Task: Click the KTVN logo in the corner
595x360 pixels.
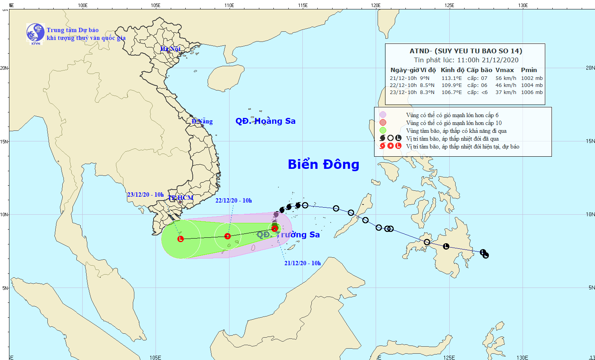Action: pyautogui.click(x=35, y=33)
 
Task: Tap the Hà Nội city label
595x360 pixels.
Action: pyautogui.click(x=170, y=49)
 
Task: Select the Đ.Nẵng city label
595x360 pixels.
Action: pyautogui.click(x=202, y=121)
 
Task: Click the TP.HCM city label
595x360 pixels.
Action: pyautogui.click(x=181, y=198)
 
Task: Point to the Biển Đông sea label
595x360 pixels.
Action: pyautogui.click(x=324, y=165)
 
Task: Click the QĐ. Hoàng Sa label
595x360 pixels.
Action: pyautogui.click(x=265, y=121)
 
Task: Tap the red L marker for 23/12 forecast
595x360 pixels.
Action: pyautogui.click(x=181, y=239)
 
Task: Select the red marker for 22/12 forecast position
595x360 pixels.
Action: pyautogui.click(x=228, y=236)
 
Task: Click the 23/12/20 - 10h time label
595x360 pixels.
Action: pyautogui.click(x=145, y=195)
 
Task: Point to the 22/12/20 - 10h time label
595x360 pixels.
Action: pyautogui.click(x=233, y=201)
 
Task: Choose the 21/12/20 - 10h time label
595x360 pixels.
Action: pyautogui.click(x=302, y=263)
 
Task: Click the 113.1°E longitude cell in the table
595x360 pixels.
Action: pyautogui.click(x=452, y=78)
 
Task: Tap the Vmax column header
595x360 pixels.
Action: pyautogui.click(x=505, y=70)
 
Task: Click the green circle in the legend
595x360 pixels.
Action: pyautogui.click(x=383, y=130)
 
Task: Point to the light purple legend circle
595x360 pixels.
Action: pyautogui.click(x=383, y=115)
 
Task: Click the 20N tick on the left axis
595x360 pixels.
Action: pyautogui.click(x=4, y=68)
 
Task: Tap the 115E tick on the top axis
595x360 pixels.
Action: pyautogui.click(x=302, y=5)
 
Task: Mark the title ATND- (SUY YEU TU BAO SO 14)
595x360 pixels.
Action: pyautogui.click(x=466, y=51)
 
